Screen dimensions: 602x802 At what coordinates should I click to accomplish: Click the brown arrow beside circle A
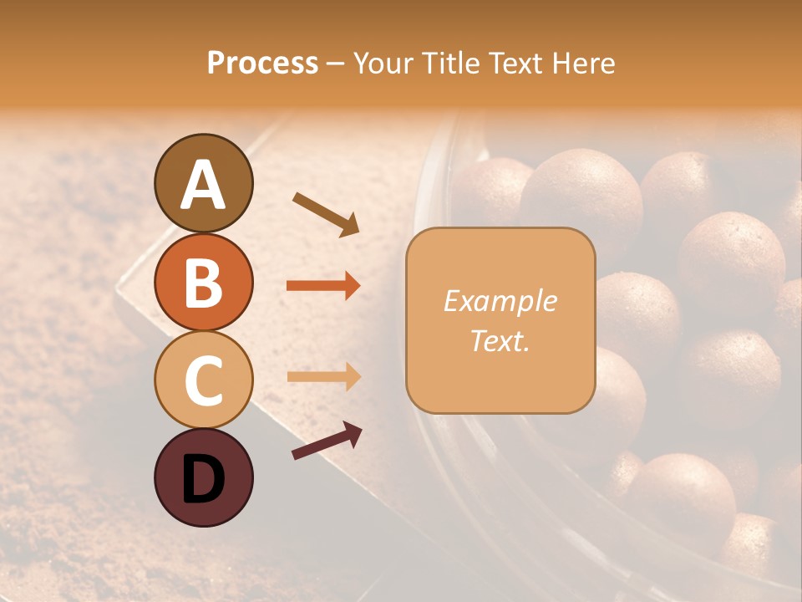(326, 213)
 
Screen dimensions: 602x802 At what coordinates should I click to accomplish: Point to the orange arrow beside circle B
(323, 286)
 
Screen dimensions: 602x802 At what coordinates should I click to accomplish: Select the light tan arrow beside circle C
(323, 376)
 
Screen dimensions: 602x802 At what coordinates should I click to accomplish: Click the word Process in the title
(262, 64)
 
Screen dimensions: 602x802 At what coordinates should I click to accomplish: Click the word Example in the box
(500, 301)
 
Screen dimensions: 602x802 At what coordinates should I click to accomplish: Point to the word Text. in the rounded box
(500, 341)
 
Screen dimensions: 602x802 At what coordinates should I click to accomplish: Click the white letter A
(203, 184)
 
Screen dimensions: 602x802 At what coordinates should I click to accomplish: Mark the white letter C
(203, 380)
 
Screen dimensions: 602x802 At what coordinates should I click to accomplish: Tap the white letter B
(203, 283)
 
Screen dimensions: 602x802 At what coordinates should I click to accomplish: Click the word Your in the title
(385, 64)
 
